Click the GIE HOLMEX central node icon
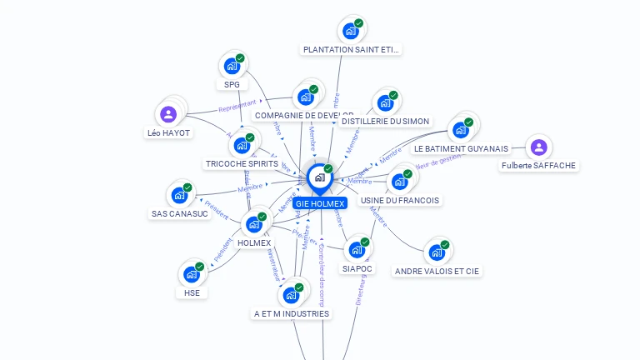[319, 177]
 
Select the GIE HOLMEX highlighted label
[319, 203]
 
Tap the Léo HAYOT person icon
[168, 114]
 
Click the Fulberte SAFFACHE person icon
[538, 147]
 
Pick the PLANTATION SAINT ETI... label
[351, 50]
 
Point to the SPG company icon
[232, 66]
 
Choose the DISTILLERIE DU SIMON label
[385, 122]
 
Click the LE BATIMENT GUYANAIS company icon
[458, 130]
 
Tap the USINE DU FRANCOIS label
[399, 201]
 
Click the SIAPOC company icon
[356, 249]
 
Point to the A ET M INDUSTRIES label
[292, 314]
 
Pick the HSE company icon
[191, 274]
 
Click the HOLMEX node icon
[253, 224]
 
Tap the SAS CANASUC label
[178, 214]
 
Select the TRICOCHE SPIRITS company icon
[242, 146]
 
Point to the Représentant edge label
[237, 107]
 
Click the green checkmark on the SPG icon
[240, 58]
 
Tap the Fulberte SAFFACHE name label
[538, 166]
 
